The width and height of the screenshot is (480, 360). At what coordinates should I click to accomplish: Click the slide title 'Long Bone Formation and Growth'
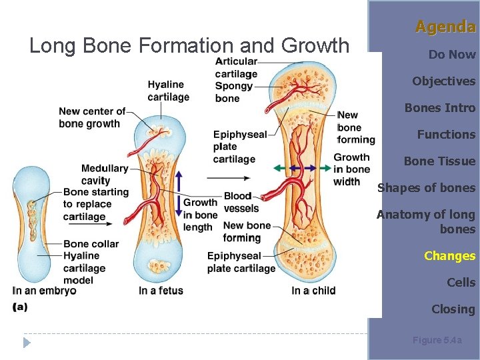(x=189, y=45)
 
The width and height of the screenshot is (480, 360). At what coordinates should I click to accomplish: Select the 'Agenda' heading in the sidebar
(x=445, y=27)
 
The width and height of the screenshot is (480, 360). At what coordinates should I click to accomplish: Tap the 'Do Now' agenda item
(x=451, y=55)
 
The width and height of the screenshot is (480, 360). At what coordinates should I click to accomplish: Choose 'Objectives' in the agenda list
(x=443, y=81)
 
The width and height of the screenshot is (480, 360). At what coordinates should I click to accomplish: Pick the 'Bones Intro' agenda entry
(x=440, y=108)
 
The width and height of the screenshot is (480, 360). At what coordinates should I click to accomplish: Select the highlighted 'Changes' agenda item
(x=449, y=256)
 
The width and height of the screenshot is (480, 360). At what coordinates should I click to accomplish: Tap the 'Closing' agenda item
(x=453, y=309)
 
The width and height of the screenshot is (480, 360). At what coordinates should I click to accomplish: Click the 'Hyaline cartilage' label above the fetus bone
(x=168, y=91)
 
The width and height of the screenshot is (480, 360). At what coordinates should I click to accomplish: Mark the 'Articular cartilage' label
(x=236, y=67)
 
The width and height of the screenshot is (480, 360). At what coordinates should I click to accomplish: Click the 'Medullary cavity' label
(x=104, y=174)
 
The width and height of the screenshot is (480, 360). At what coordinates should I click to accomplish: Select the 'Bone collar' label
(x=91, y=243)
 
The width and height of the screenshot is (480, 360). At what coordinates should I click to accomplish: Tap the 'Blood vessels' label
(x=241, y=202)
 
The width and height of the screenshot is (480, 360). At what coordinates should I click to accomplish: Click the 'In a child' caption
(x=313, y=291)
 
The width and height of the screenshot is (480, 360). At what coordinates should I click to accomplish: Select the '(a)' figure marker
(x=20, y=306)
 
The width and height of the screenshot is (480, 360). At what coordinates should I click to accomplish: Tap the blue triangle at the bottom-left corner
(x=27, y=343)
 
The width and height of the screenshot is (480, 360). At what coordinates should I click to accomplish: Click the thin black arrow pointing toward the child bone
(x=228, y=178)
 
